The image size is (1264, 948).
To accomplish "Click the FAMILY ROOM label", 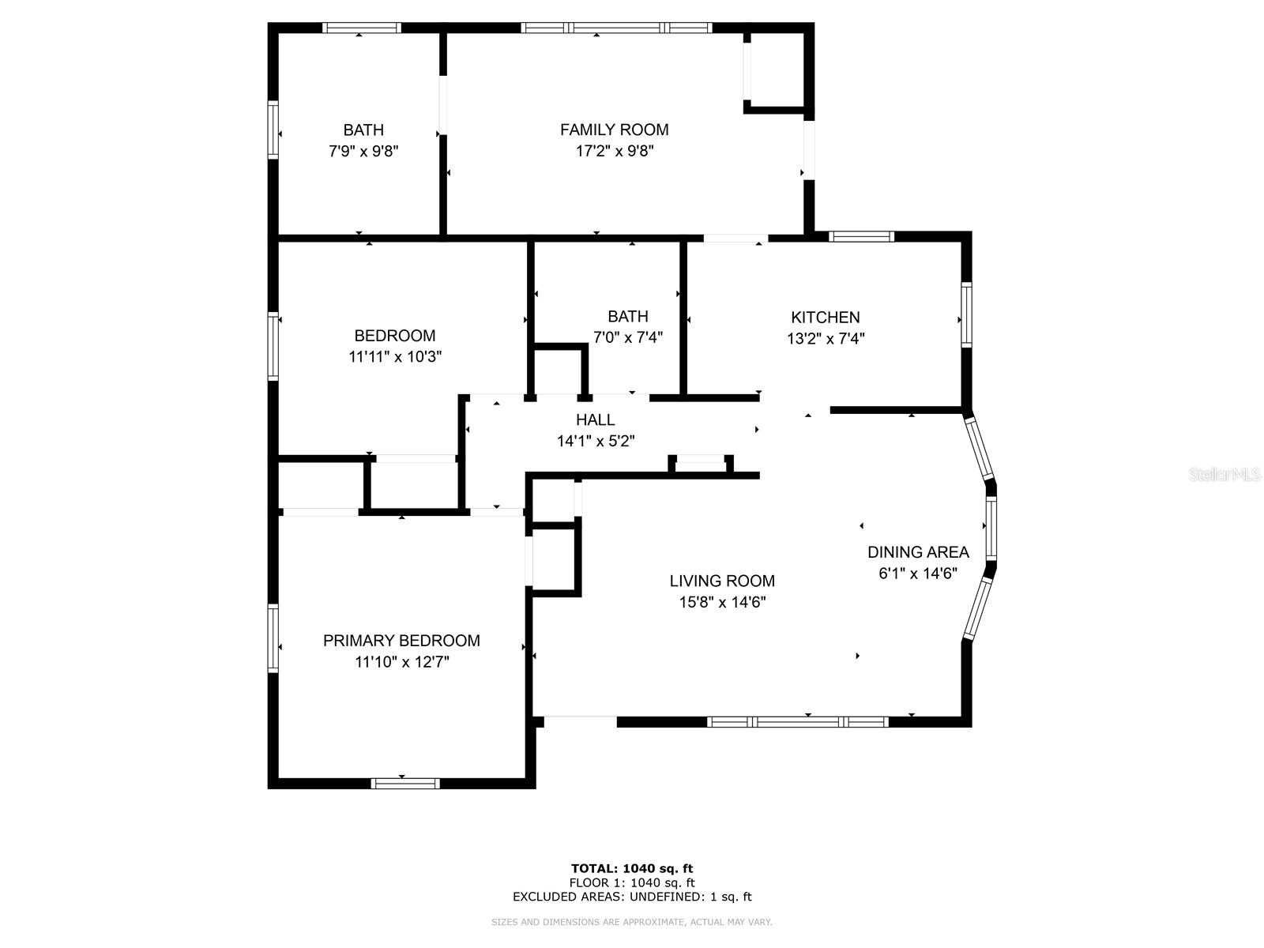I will [614, 130].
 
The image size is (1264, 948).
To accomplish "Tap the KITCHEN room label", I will [826, 318].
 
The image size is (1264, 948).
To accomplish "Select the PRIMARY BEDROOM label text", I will [401, 641].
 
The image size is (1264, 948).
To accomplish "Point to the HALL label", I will [595, 420].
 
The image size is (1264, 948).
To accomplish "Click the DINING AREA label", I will [918, 552].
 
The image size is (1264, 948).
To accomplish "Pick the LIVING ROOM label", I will [722, 581].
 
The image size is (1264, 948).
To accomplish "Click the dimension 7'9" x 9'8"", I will [363, 151].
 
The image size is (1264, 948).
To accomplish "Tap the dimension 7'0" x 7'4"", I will [628, 337].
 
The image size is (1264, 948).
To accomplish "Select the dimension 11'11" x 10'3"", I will [395, 356].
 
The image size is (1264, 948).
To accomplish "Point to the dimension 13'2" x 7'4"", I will [826, 339].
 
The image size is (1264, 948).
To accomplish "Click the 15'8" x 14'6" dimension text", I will [722, 602].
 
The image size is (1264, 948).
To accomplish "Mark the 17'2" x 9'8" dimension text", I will [614, 151].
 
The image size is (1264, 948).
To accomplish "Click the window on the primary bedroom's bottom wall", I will [405, 784].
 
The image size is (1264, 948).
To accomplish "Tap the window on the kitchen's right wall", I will [966, 314].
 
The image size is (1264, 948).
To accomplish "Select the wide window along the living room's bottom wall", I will [798, 722].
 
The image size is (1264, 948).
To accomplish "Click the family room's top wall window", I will [616, 28].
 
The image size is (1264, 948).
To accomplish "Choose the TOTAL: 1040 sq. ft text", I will [632, 869].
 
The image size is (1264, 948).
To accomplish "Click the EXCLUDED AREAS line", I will [632, 897].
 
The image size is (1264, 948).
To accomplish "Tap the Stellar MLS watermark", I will [1224, 474].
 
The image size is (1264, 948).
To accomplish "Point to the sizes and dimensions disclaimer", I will [632, 922].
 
